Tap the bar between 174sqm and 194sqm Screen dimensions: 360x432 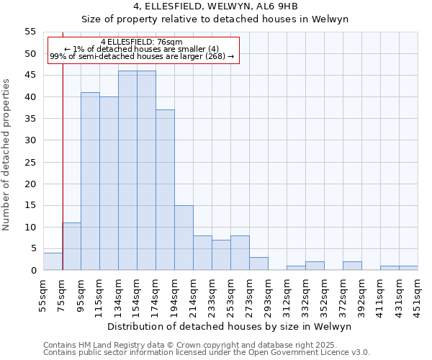click(165, 190)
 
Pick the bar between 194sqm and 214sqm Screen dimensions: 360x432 click(184, 238)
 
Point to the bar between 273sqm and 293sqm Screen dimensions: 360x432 click(258, 264)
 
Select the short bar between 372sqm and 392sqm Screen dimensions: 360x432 click(352, 266)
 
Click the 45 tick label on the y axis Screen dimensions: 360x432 click(30, 76)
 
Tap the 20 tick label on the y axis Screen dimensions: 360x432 click(30, 184)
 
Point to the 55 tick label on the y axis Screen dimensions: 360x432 click(30, 32)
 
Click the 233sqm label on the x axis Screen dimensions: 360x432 click(212, 294)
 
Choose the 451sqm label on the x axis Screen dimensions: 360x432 click(418, 294)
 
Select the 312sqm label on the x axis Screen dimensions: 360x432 click(287, 294)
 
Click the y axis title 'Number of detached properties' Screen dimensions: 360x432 click(6, 155)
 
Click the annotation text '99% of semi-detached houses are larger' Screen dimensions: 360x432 click(142, 56)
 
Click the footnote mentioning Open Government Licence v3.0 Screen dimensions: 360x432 click(207, 352)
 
